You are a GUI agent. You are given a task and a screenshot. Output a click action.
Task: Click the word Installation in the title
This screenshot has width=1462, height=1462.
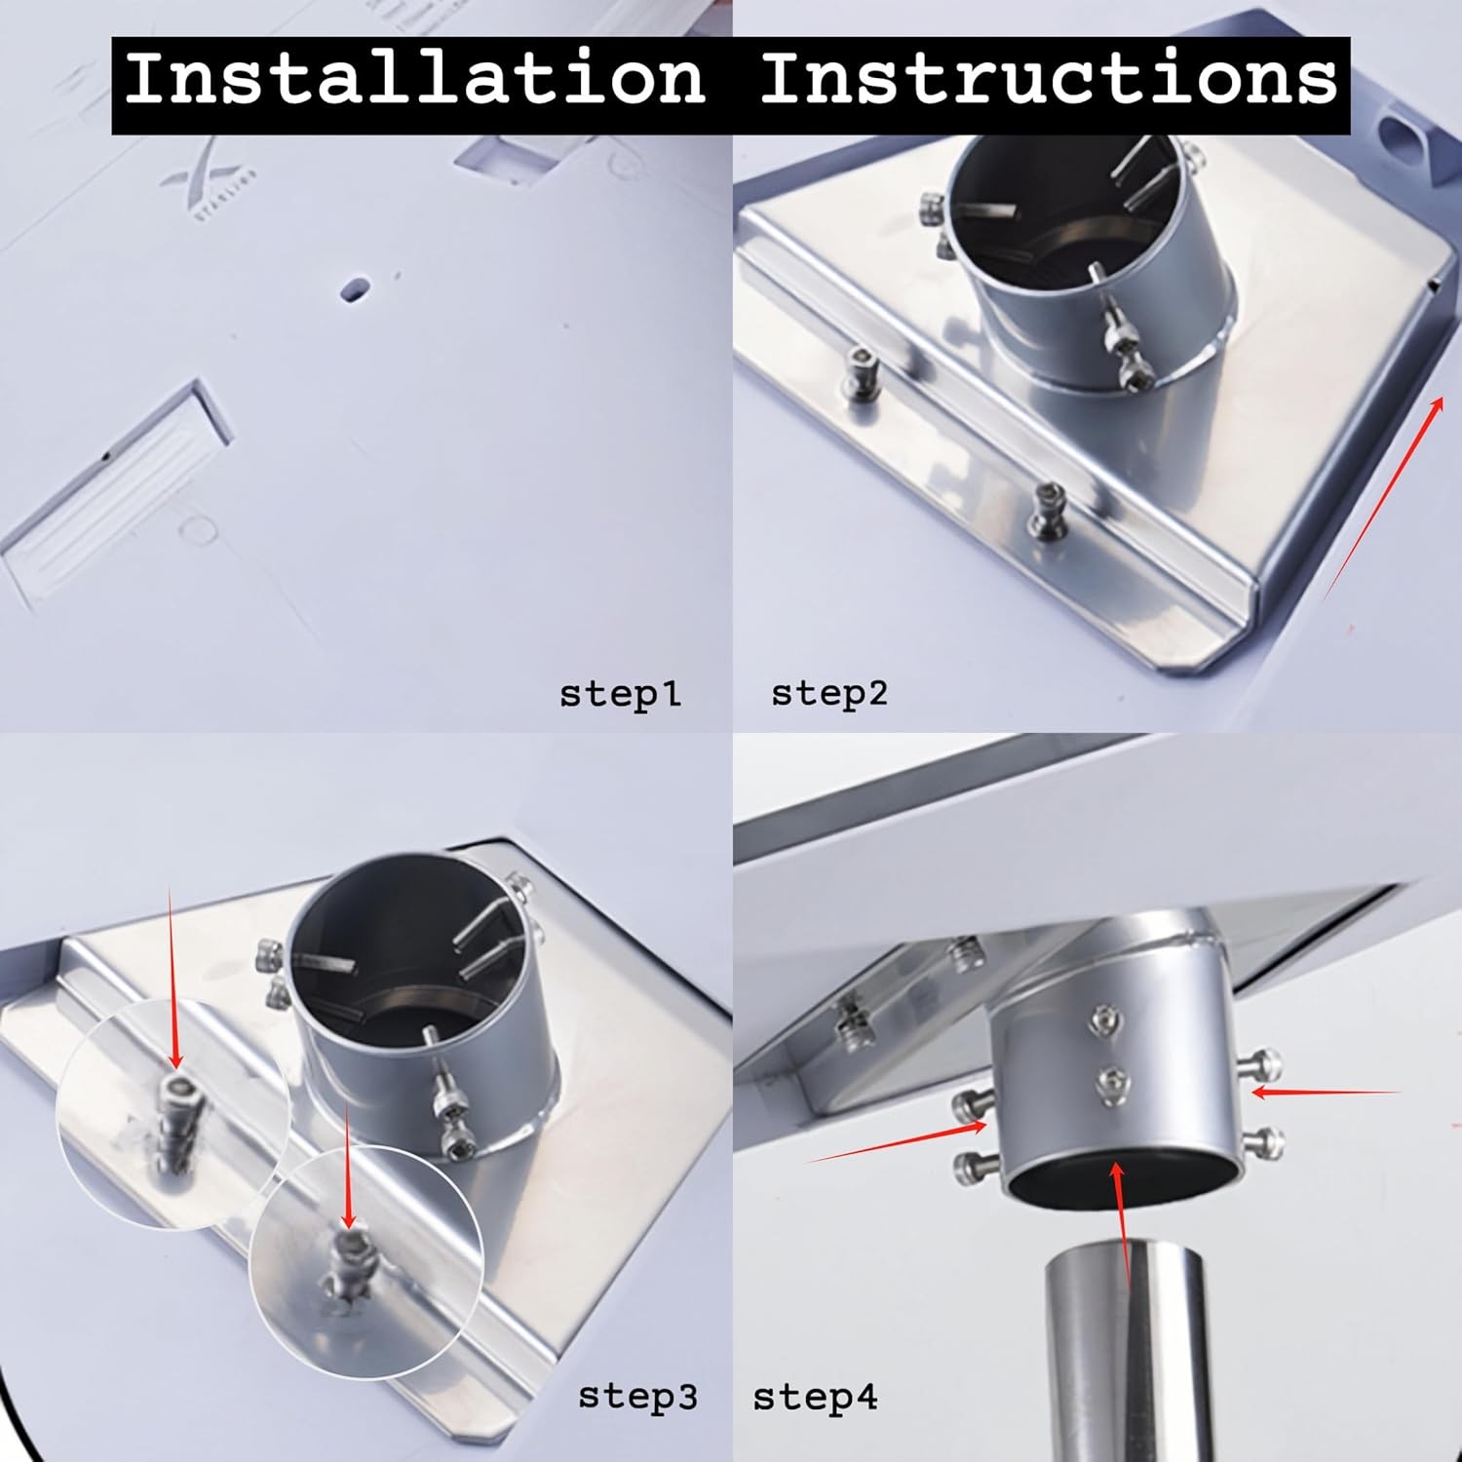(x=414, y=78)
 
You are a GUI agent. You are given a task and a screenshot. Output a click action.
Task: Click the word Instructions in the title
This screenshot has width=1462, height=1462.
(x=1048, y=78)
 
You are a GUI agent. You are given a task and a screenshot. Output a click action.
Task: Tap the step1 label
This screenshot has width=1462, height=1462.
(x=620, y=695)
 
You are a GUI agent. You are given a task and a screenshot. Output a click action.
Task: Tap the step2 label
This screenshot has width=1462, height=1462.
(x=829, y=694)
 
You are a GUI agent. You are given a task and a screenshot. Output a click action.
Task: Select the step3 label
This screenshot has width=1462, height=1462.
(x=637, y=1397)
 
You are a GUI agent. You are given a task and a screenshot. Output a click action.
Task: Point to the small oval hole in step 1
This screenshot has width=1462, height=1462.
(x=355, y=289)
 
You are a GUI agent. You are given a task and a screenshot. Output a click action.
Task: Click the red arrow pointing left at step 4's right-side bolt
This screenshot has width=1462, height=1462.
(x=1326, y=1094)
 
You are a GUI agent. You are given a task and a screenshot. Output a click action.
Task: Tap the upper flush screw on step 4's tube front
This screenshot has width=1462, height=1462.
(x=1105, y=1020)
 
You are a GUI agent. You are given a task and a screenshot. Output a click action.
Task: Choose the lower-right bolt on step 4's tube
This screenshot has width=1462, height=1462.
(x=1264, y=1137)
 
